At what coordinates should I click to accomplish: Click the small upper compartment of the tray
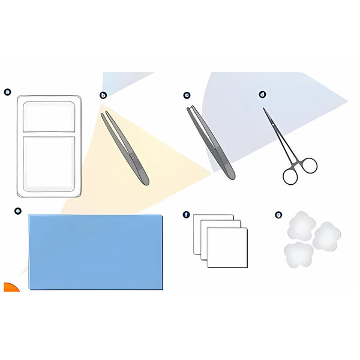point(49,116)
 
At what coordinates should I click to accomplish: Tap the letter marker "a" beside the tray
point(8,92)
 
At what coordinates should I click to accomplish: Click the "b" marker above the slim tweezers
point(103,95)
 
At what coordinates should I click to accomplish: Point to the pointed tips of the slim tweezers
point(104,113)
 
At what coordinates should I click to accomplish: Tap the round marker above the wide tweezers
point(187,95)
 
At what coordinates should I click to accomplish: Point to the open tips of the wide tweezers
point(190,109)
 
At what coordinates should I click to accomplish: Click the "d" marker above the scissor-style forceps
point(262,94)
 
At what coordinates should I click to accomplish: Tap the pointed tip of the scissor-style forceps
point(264,109)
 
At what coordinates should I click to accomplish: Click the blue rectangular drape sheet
point(96,252)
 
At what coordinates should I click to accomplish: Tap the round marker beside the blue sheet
point(18,211)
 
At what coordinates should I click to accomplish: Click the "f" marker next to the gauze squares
point(186,214)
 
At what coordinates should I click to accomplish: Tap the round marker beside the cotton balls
point(278,214)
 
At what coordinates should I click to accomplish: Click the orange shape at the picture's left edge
point(10,287)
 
